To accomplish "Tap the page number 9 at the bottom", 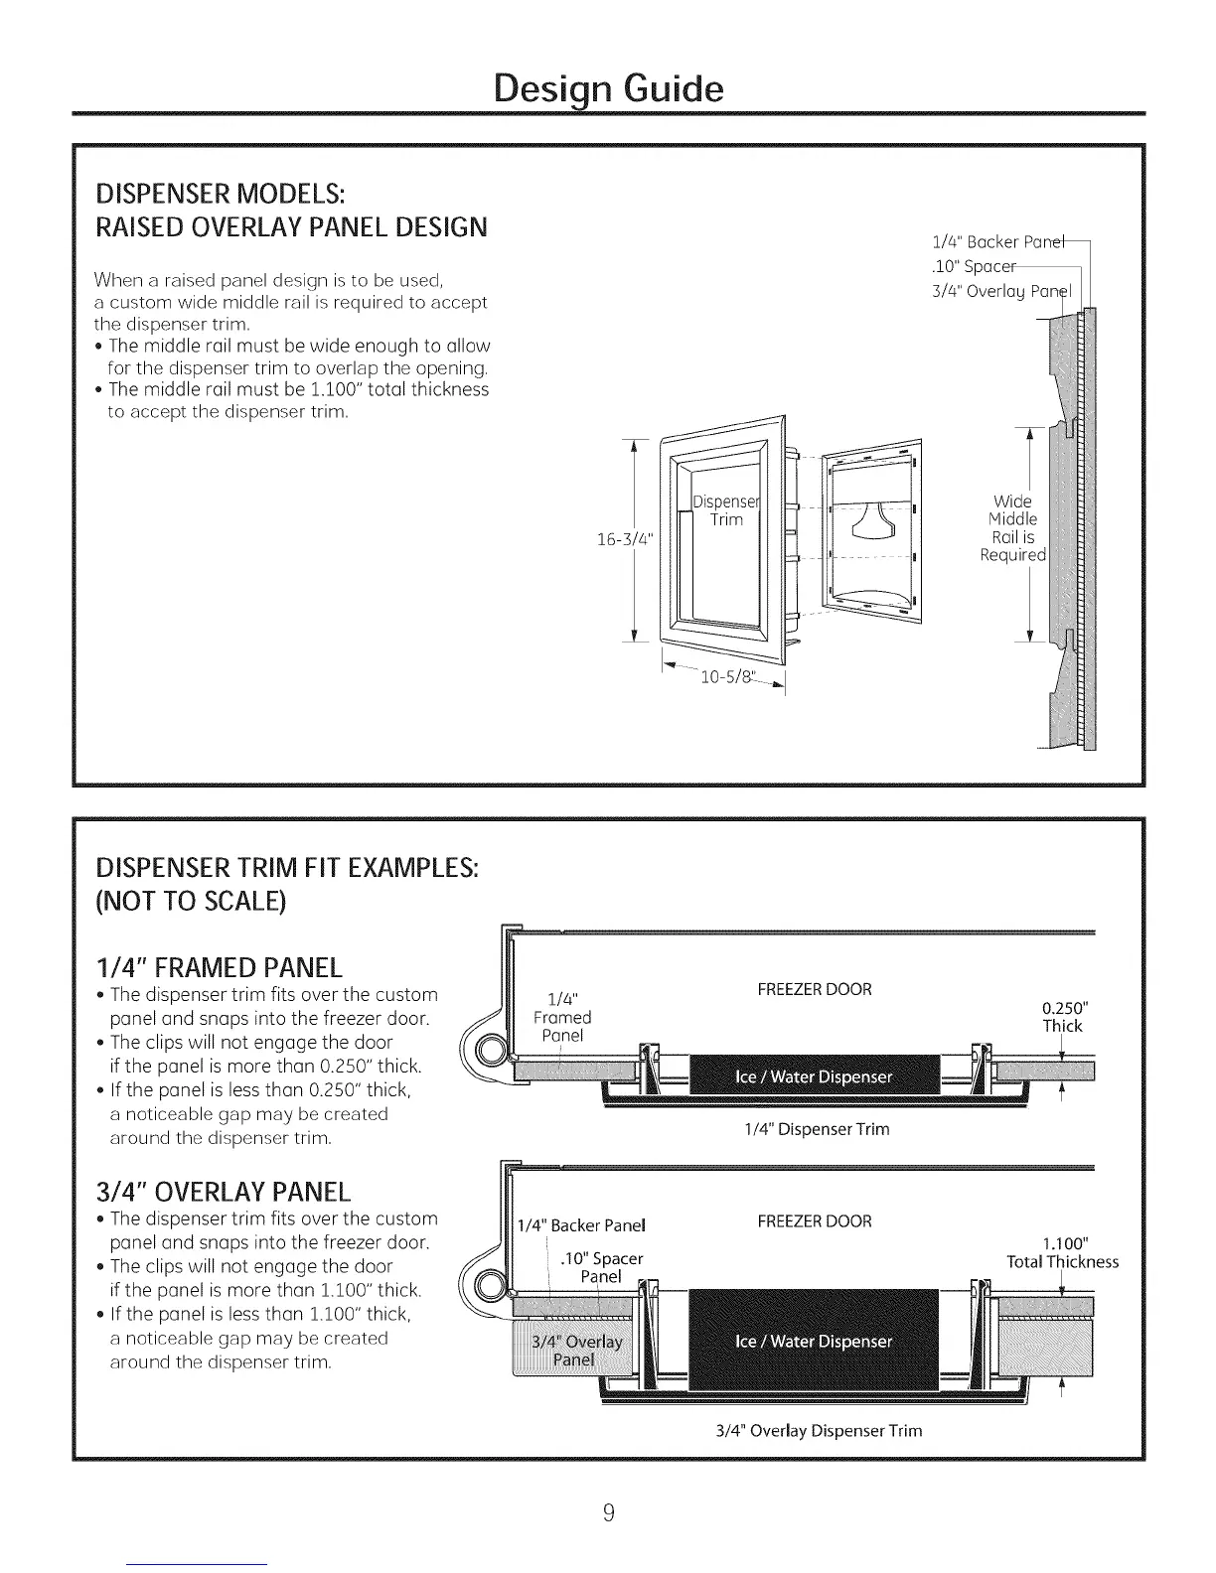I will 609,1513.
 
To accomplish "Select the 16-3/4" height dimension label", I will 623,540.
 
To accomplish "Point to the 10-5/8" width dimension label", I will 728,678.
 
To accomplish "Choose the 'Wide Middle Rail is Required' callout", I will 1012,527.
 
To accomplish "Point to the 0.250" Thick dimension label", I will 1061,1017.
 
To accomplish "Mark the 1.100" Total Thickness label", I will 1063,1252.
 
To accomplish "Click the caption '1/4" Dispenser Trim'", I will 816,1129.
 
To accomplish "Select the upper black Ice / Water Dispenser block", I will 813,1077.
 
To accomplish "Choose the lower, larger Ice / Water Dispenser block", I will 813,1342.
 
